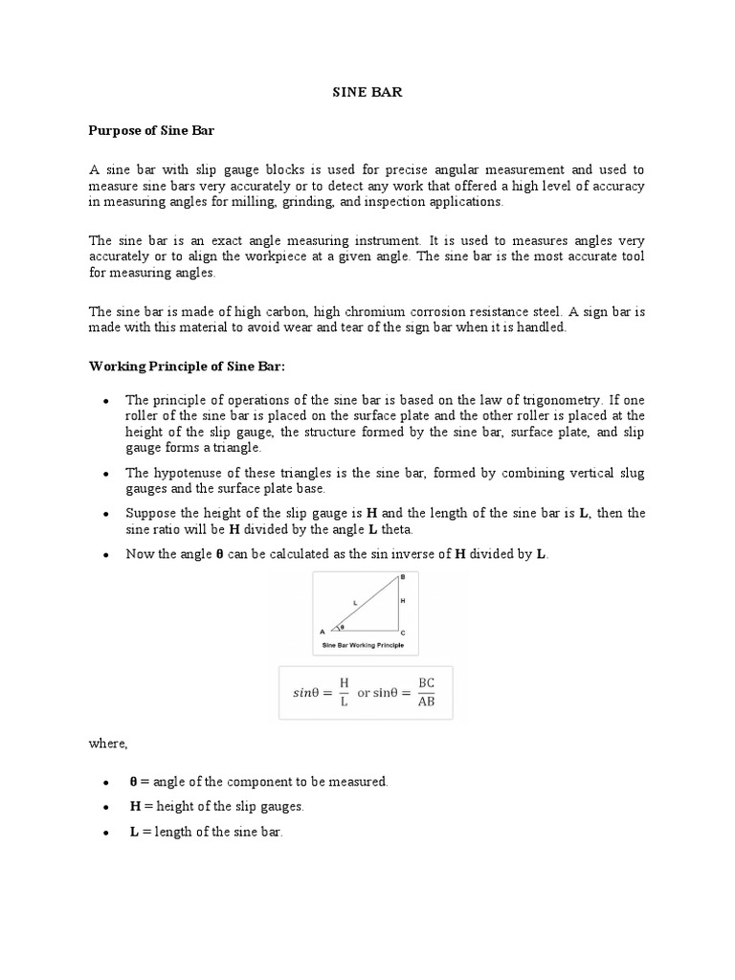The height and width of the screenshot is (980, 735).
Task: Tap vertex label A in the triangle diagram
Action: coord(322,633)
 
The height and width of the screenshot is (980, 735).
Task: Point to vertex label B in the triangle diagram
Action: coord(403,576)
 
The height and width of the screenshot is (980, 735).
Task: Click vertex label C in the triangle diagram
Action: coord(403,634)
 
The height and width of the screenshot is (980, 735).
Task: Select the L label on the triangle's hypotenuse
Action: coord(355,601)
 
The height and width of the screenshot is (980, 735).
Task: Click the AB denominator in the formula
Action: coord(427,702)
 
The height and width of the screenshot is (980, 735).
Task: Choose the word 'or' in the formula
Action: coord(364,693)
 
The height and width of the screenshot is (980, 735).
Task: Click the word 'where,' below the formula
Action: coord(108,744)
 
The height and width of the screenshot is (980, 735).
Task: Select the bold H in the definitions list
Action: coord(135,807)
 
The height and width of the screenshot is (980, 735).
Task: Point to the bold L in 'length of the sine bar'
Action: coord(134,833)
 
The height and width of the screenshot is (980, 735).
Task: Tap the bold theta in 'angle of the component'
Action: coord(133,781)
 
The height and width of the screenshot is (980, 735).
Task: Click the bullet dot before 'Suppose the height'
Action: coord(104,514)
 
